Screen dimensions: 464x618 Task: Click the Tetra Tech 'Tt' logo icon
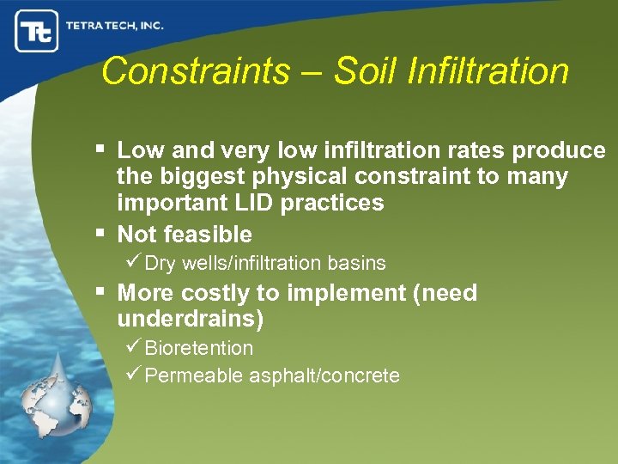coord(36,32)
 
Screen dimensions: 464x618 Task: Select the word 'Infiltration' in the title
coord(488,71)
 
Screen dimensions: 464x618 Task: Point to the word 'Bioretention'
coord(198,348)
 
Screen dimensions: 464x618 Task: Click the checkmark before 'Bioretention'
coord(133,348)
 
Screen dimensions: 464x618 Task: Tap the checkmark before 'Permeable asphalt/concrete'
coord(133,375)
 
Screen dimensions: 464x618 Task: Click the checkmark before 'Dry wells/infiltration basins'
coord(133,263)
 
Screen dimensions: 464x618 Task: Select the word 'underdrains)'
coord(190,320)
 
